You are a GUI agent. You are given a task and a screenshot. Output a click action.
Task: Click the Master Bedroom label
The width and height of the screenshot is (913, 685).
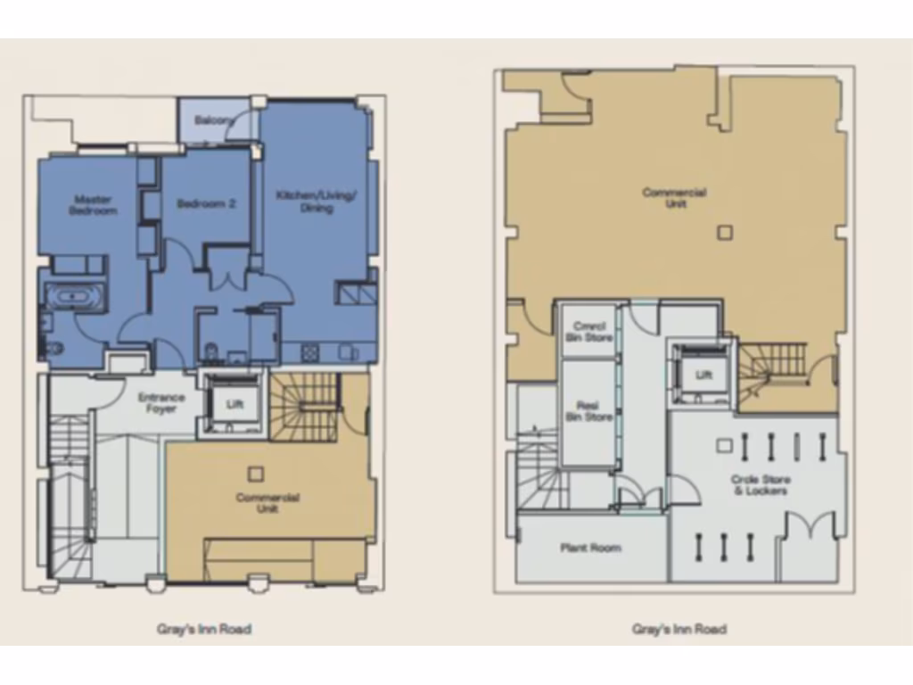pyautogui.click(x=94, y=205)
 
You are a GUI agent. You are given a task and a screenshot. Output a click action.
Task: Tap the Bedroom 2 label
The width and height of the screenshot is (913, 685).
pyautogui.click(x=206, y=203)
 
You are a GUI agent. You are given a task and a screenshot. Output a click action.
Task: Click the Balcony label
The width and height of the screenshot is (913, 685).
pyautogui.click(x=214, y=120)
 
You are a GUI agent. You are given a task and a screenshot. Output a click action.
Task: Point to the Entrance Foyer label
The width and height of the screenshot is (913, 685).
pyautogui.click(x=161, y=403)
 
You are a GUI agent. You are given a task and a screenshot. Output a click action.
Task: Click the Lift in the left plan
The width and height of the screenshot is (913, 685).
pyautogui.click(x=234, y=404)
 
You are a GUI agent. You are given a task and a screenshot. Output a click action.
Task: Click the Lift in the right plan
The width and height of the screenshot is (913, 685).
pyautogui.click(x=703, y=376)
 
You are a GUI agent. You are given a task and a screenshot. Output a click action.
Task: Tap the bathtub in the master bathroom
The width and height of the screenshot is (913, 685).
pyautogui.click(x=75, y=297)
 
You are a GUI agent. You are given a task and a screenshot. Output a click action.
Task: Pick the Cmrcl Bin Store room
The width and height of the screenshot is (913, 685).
pyautogui.click(x=588, y=332)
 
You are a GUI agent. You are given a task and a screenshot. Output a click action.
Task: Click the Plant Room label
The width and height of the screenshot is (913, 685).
pyautogui.click(x=590, y=548)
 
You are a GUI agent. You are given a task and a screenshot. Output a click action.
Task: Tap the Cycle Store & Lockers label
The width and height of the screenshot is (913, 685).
pyautogui.click(x=761, y=485)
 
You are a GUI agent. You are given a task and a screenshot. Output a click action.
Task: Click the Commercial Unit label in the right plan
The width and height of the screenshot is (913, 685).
pyautogui.click(x=675, y=198)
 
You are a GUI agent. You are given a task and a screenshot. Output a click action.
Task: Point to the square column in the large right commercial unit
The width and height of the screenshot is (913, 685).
pyautogui.click(x=725, y=233)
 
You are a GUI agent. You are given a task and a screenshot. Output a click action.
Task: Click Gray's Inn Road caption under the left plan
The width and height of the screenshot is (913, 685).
pyautogui.click(x=203, y=630)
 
